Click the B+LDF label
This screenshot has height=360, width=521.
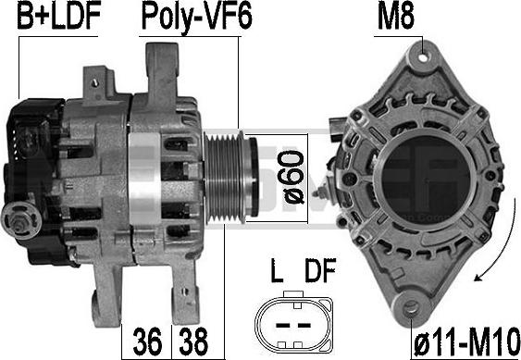[59, 16]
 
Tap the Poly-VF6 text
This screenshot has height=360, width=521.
[197, 18]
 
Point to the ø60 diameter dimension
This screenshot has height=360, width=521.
[293, 177]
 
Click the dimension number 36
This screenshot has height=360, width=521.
[147, 341]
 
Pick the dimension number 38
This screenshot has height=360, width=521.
[193, 341]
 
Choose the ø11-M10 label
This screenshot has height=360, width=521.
[466, 342]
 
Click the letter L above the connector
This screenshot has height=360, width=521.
[277, 270]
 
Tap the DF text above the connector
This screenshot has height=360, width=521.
[320, 270]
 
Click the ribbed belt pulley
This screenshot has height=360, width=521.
[229, 177]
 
